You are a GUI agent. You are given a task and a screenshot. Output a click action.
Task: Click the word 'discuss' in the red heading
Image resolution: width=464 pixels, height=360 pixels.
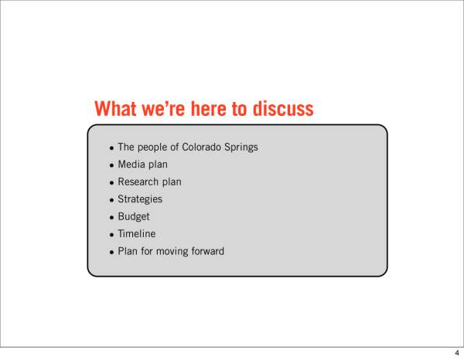pyautogui.click(x=283, y=108)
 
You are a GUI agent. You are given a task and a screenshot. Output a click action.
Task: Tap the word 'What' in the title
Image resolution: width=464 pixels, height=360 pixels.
pyautogui.click(x=115, y=108)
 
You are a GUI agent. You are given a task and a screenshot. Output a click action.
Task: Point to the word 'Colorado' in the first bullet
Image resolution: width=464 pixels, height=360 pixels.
pyautogui.click(x=201, y=147)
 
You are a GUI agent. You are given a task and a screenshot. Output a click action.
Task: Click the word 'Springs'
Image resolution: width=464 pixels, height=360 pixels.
pyautogui.click(x=241, y=148)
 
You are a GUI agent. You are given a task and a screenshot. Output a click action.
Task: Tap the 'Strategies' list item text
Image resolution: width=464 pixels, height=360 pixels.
pyautogui.click(x=140, y=199)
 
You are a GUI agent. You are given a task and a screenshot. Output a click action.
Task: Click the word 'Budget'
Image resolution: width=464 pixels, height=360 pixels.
pyautogui.click(x=134, y=216)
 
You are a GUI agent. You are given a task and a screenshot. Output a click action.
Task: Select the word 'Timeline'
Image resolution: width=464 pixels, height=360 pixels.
pyautogui.click(x=137, y=234)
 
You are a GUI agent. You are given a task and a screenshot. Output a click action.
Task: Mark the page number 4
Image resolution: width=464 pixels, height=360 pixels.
pyautogui.click(x=457, y=353)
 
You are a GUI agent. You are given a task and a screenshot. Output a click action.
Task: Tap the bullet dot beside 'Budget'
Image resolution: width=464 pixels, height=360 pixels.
pyautogui.click(x=111, y=218)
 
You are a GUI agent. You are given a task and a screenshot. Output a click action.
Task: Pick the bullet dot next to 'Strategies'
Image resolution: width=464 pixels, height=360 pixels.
pyautogui.click(x=111, y=201)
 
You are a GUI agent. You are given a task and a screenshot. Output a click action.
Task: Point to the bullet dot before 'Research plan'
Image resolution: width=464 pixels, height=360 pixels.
pyautogui.click(x=111, y=183)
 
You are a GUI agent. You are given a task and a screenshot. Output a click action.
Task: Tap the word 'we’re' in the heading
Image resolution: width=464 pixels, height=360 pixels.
pyautogui.click(x=164, y=108)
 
